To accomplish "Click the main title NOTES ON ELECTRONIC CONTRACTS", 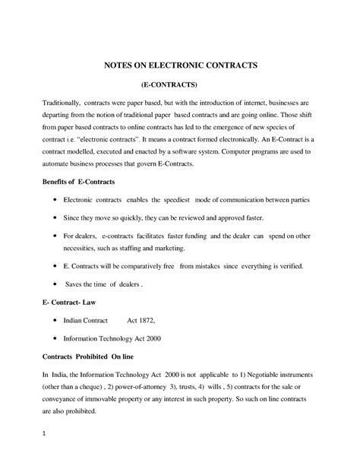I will (x=181, y=65).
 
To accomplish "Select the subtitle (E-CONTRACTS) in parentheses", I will (x=180, y=85).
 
